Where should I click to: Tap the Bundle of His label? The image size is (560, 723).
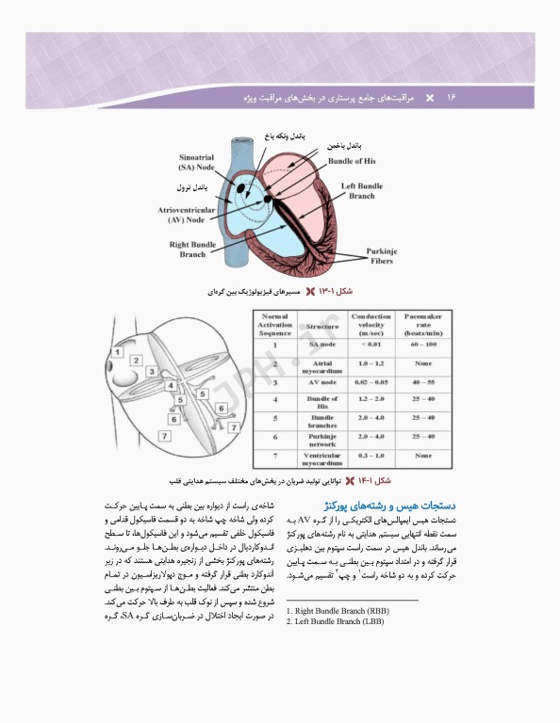click(352, 161)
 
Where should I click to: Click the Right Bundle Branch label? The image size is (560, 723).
click(192, 249)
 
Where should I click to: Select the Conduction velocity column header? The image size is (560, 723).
click(371, 324)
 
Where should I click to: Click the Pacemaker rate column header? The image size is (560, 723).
click(417, 324)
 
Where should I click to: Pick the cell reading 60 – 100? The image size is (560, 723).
click(417, 345)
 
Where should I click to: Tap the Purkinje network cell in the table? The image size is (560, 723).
click(321, 440)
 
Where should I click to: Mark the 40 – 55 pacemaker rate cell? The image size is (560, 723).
click(417, 382)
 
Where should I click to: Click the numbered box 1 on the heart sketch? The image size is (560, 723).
click(118, 352)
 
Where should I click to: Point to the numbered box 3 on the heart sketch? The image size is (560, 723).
click(152, 373)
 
